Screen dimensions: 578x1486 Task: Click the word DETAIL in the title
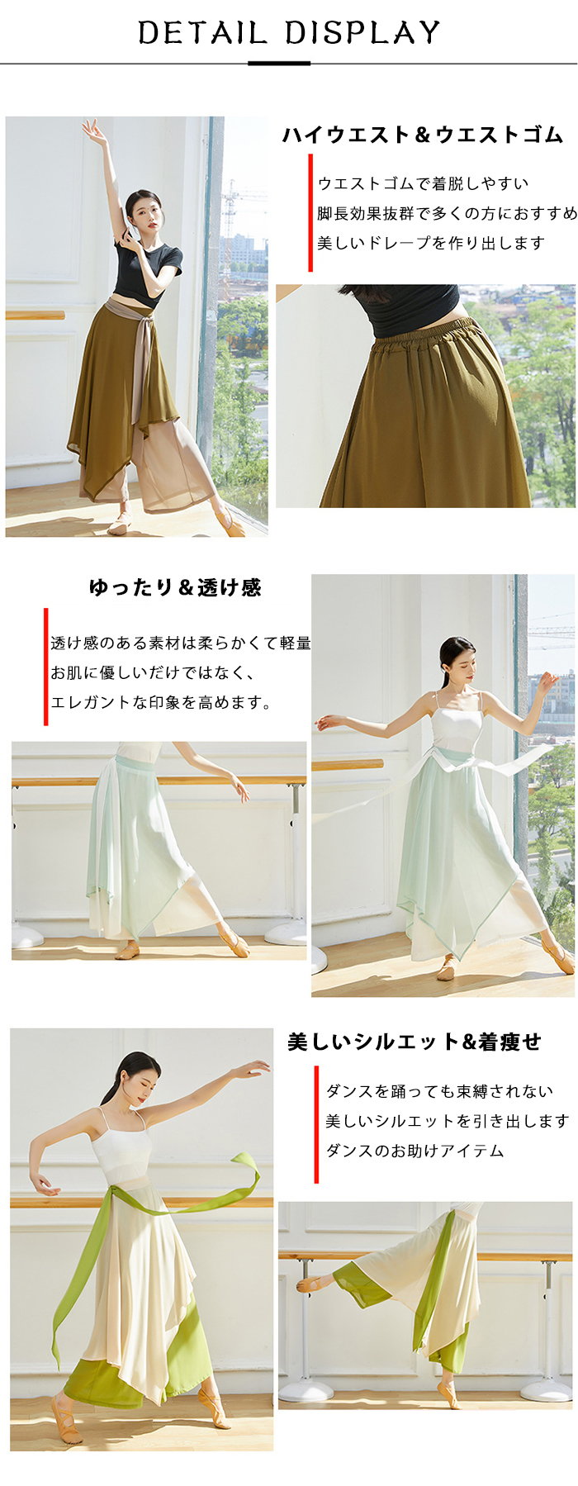point(202,33)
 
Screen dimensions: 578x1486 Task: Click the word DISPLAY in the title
point(362,33)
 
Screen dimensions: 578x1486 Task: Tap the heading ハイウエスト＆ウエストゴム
point(423,135)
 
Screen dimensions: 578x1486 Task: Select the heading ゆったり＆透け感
point(175,587)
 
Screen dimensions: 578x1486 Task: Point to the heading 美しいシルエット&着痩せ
point(415,1042)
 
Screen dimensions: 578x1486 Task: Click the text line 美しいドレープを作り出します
point(431,243)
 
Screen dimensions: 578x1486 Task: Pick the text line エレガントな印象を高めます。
point(161,702)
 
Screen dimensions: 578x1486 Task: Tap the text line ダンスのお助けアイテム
point(415,1151)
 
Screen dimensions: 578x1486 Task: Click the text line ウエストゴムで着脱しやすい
point(423,183)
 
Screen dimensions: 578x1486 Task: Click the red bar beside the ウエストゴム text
point(310,213)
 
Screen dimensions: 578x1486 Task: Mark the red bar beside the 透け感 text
point(45,667)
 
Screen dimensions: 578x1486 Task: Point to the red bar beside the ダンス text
point(316,1124)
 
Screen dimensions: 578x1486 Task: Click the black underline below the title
point(279,63)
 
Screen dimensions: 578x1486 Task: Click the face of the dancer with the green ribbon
point(143,1079)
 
